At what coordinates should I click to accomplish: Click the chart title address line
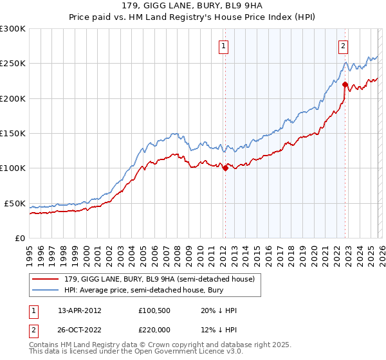click(192, 6)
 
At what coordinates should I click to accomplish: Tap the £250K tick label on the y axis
click(14, 64)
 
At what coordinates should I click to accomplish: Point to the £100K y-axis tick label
click(14, 168)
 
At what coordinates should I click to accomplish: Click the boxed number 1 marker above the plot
click(223, 46)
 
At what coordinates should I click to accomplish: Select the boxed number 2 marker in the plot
click(344, 46)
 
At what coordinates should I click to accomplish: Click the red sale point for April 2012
click(225, 168)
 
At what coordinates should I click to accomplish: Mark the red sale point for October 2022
click(345, 84)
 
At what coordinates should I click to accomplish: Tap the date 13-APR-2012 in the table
click(80, 310)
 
